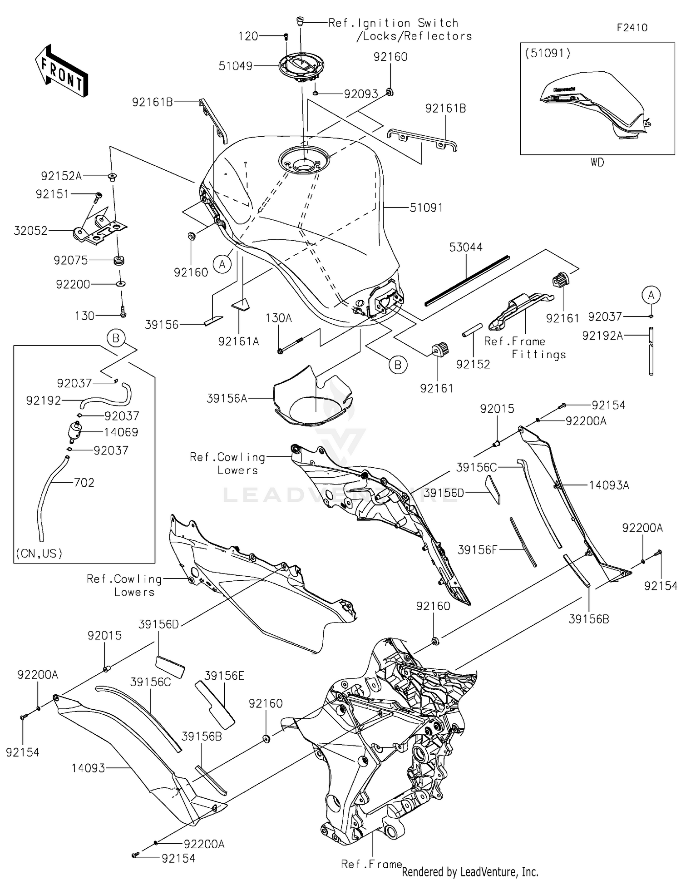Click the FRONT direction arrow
tap(61, 72)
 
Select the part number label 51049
tap(235, 66)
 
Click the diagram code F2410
tap(632, 28)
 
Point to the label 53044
tap(466, 247)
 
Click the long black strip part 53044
tap(468, 280)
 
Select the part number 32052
tap(30, 231)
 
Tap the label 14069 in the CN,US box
tap(121, 432)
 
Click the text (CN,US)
tap(39, 554)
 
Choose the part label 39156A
tap(227, 399)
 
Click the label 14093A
tap(609, 485)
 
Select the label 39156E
tap(224, 676)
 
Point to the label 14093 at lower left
tap(88, 768)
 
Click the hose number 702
tap(84, 483)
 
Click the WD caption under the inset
tap(597, 163)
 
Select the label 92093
tap(361, 94)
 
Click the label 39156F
tap(477, 550)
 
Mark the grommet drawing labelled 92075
tap(119, 261)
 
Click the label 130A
tap(278, 318)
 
